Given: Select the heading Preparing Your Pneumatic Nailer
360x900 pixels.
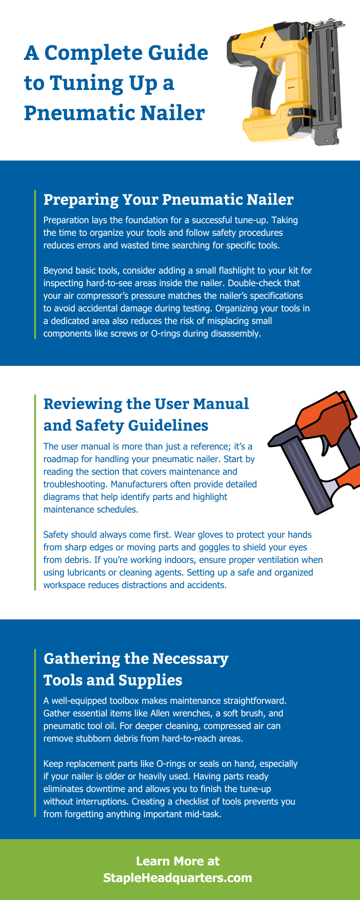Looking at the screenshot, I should point(168,199).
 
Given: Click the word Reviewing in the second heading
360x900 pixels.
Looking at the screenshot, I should point(83,404).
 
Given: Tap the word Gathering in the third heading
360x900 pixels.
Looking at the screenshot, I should point(81,658).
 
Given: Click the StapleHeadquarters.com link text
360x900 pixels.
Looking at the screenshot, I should point(178,878).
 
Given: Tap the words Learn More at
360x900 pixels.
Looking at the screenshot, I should point(178,861).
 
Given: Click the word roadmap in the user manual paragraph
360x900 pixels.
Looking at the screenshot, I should point(62,459).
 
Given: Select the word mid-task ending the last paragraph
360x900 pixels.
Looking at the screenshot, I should point(203,814).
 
